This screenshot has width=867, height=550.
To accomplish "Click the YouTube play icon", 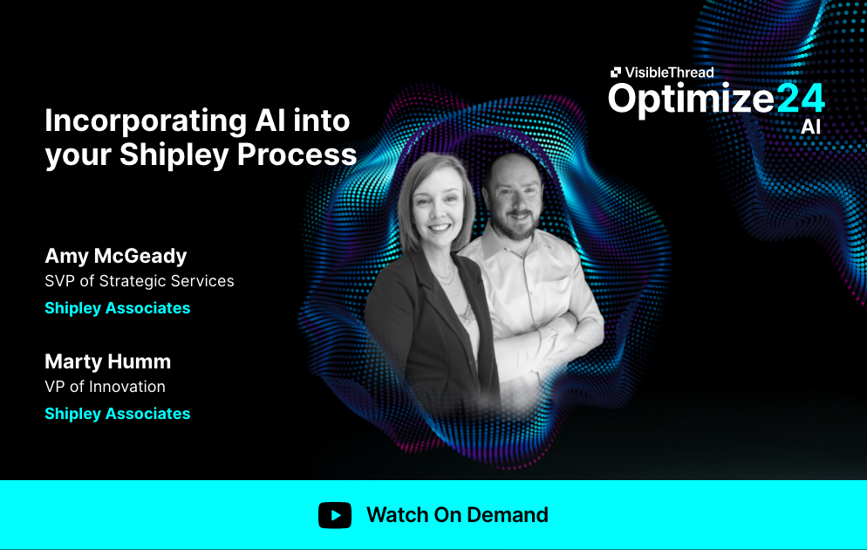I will coord(335,515).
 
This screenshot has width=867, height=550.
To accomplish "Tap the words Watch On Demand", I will coord(457,515).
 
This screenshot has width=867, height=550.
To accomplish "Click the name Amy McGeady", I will coord(116,256).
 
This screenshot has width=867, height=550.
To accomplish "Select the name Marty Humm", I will coord(107,361).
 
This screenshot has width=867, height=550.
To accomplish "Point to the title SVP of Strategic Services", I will coord(140,281).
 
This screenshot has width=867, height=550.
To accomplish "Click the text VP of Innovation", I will coord(105,387).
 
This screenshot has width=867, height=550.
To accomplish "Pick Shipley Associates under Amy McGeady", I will coord(117,308).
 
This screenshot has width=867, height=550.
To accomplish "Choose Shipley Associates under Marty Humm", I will coord(117,414).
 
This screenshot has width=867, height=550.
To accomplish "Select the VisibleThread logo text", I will coord(668,72).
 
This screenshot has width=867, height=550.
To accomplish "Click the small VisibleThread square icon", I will coord(616,72).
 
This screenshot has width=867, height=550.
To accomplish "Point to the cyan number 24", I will coord(800,98).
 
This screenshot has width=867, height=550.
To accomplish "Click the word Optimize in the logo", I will coord(691,98).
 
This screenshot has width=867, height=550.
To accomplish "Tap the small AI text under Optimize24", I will coord(810,127).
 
